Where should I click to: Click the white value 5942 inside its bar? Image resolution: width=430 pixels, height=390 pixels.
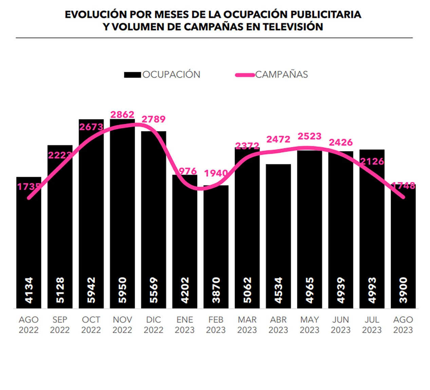coord(91,290)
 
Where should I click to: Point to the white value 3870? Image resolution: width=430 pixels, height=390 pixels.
coord(216,290)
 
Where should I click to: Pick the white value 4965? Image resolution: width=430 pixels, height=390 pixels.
coord(310,290)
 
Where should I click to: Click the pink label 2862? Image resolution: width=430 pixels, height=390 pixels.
coord(123,115)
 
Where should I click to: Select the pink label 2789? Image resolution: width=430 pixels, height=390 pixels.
coord(153,119)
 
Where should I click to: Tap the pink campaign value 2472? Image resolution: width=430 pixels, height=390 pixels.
coord(278,139)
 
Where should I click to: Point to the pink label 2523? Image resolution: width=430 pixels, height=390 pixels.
coord(310,136)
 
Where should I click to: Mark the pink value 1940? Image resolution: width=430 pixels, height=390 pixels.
coord(216,173)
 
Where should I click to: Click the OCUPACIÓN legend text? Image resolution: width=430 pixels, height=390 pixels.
coord(171,75)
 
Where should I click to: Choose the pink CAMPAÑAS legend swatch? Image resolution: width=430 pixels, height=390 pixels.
coord(245,75)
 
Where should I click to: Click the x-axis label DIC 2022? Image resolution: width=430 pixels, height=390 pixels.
coord(153,325)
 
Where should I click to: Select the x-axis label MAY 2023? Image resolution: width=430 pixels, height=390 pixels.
coord(310,325)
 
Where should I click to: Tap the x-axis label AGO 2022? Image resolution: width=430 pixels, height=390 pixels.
coord(29,325)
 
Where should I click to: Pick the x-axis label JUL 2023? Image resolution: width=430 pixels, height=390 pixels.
coord(372,325)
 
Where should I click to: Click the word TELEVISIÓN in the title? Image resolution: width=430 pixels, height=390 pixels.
coord(293,27)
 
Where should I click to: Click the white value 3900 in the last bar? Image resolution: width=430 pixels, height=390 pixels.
coord(403,290)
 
